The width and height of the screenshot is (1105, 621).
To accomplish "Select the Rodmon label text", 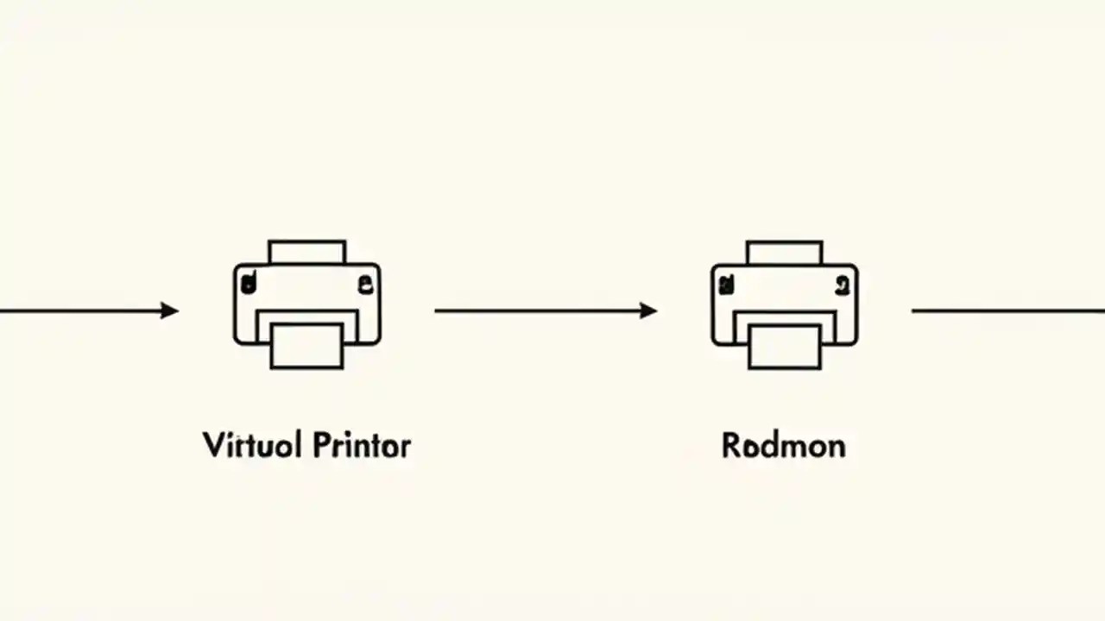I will click(783, 446).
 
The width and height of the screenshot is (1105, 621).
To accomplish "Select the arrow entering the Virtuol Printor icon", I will click(86, 310).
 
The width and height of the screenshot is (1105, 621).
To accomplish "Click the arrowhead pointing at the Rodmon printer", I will click(648, 310).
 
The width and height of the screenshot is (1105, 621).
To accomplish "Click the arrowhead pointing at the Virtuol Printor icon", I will click(170, 310).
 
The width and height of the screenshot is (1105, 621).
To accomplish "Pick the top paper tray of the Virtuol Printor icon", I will click(306, 252).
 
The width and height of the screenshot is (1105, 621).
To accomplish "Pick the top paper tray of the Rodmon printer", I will click(784, 252).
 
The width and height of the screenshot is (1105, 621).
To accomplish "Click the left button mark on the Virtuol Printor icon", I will click(249, 280).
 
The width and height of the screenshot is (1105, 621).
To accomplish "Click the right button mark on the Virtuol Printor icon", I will click(364, 281).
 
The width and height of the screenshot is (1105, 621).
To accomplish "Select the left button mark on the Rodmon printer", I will click(727, 280).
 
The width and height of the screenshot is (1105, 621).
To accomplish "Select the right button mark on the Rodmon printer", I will click(842, 281).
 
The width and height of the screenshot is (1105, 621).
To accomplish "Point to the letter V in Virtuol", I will click(212, 445).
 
